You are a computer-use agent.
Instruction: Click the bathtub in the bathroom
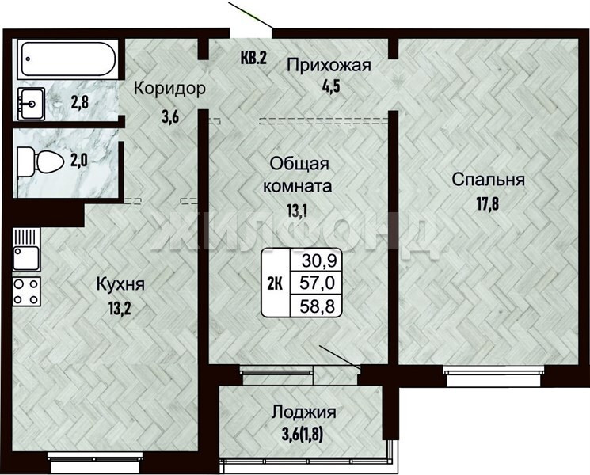tap(68, 59)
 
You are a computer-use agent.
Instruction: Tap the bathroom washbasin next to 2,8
tap(30, 104)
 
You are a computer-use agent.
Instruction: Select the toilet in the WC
tap(40, 162)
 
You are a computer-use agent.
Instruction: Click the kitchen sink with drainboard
tap(26, 249)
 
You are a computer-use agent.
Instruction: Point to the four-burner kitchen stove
tap(26, 291)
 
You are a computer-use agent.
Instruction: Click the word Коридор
tap(170, 89)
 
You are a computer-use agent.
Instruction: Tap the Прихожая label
tap(329, 65)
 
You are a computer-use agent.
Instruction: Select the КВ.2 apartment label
tap(253, 58)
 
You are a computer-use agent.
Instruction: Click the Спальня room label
tap(489, 180)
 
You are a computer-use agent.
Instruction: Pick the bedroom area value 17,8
tap(488, 204)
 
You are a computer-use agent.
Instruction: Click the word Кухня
tap(120, 284)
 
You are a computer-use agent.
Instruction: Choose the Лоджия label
tap(303, 412)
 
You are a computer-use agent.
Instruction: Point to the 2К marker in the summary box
tap(275, 283)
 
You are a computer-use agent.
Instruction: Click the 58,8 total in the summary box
tap(318, 306)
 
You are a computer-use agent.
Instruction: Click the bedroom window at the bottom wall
tap(494, 376)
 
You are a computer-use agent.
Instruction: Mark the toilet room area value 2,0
tap(79, 161)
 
